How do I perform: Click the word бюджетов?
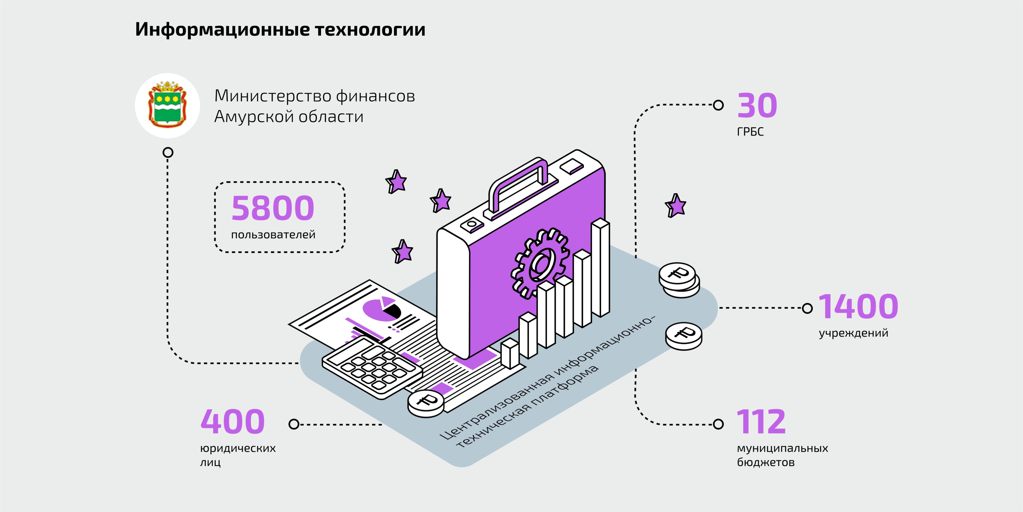pyautogui.click(x=766, y=462)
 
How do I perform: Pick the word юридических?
pyautogui.click(x=238, y=448)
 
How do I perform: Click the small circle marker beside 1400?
pyautogui.click(x=807, y=308)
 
